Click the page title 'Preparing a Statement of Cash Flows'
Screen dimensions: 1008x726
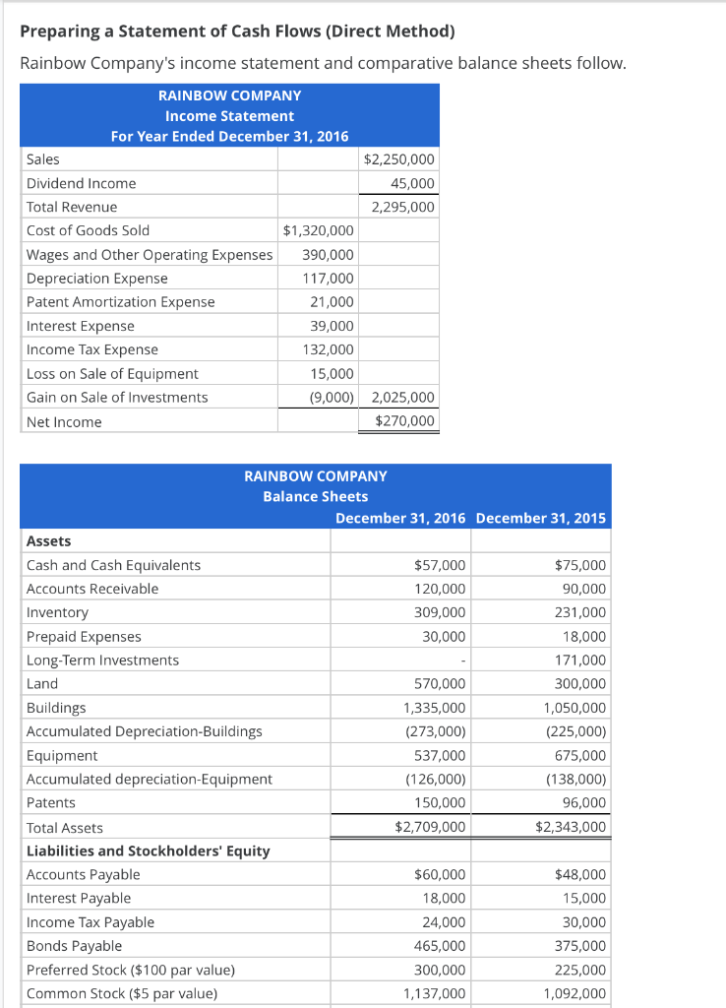237,31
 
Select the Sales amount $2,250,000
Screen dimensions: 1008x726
399,159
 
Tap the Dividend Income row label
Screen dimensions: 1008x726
82,183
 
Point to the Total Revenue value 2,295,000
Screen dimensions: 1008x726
402,207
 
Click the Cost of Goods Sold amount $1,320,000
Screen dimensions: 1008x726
318,230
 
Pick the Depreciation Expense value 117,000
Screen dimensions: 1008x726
329,279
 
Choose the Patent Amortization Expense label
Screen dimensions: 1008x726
120,302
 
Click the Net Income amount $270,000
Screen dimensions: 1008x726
405,421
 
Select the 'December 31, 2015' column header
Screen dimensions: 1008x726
541,519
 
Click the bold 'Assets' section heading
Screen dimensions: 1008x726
48,541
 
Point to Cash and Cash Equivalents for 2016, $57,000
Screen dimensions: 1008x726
443,565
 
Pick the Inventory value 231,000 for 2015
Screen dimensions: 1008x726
580,612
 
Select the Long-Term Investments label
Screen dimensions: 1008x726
102,661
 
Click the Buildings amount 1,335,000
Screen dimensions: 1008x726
435,708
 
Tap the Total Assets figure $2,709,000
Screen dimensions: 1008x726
430,828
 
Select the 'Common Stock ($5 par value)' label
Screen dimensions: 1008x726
122,993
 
